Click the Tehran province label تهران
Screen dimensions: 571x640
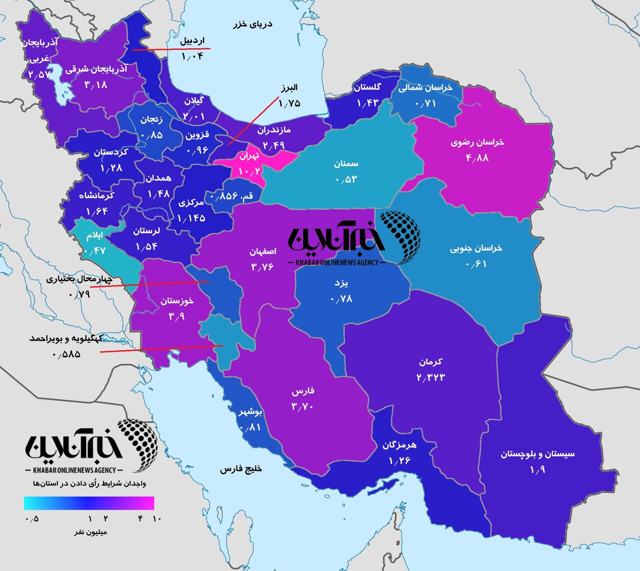[x=249, y=156]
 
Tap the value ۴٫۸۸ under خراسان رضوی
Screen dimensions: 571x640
[x=477, y=158]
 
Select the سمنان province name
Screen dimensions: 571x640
[x=346, y=164]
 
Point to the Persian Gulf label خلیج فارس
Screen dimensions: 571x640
[x=241, y=469]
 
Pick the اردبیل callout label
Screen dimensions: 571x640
[x=192, y=41]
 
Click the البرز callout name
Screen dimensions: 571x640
[x=288, y=88]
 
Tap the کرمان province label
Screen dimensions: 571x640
[x=430, y=361]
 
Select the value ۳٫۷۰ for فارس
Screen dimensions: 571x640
[x=302, y=406]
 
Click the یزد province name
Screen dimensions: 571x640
[x=341, y=283]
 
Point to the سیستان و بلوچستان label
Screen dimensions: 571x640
[x=537, y=454]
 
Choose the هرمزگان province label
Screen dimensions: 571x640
[x=399, y=444]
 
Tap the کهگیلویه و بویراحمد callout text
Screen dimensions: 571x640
[x=66, y=338]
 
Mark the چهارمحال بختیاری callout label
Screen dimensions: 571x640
[x=80, y=279]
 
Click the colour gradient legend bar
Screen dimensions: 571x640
[x=89, y=503]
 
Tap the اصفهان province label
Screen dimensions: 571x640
[x=262, y=251]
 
